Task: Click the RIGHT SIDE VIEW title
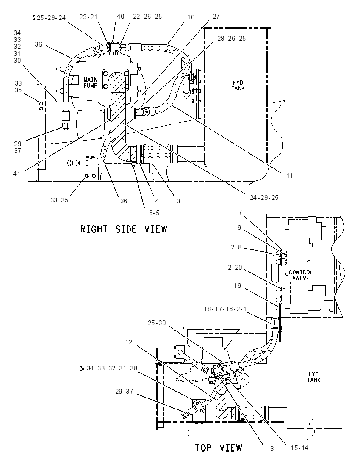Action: click(x=124, y=229)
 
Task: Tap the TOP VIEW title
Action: click(x=219, y=448)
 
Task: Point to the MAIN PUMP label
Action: click(x=90, y=83)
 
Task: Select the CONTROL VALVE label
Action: click(x=300, y=275)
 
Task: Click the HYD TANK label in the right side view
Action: click(x=238, y=86)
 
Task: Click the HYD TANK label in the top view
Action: click(x=313, y=377)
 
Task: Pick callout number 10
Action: click(x=191, y=17)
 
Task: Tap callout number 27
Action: click(x=216, y=16)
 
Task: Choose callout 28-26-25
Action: click(x=232, y=39)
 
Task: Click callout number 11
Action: click(x=290, y=175)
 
